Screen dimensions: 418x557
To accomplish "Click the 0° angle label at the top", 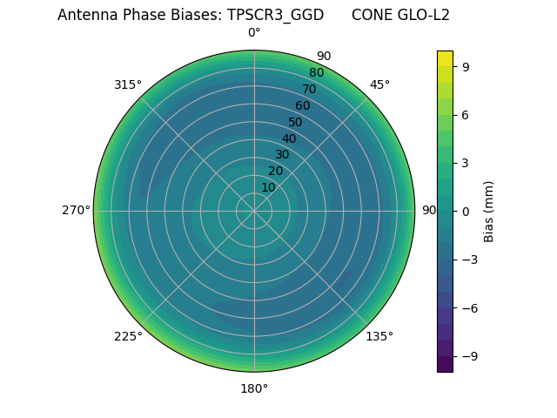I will (x=254, y=33).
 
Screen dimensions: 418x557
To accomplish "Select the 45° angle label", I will (x=379, y=84).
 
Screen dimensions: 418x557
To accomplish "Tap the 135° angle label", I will (x=379, y=336).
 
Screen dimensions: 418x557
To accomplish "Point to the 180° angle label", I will (x=254, y=388).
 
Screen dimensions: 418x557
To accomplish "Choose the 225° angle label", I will (x=128, y=336).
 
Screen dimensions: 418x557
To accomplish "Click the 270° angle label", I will (x=76, y=211).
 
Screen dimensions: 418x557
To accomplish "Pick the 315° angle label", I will (x=128, y=84).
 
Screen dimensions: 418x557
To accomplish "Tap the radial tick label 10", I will (x=268, y=188).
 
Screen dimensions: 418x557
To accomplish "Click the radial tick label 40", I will (x=289, y=138).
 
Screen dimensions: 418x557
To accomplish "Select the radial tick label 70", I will (x=309, y=89).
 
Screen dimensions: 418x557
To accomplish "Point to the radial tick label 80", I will (x=316, y=72).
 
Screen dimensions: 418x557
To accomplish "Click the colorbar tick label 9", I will (x=465, y=65).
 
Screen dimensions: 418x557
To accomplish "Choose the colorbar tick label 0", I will (x=465, y=211).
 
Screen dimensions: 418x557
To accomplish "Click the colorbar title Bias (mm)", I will (x=489, y=211).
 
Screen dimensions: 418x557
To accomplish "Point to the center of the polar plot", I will (x=254, y=211).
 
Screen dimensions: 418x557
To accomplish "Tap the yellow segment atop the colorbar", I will (x=445, y=58).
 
